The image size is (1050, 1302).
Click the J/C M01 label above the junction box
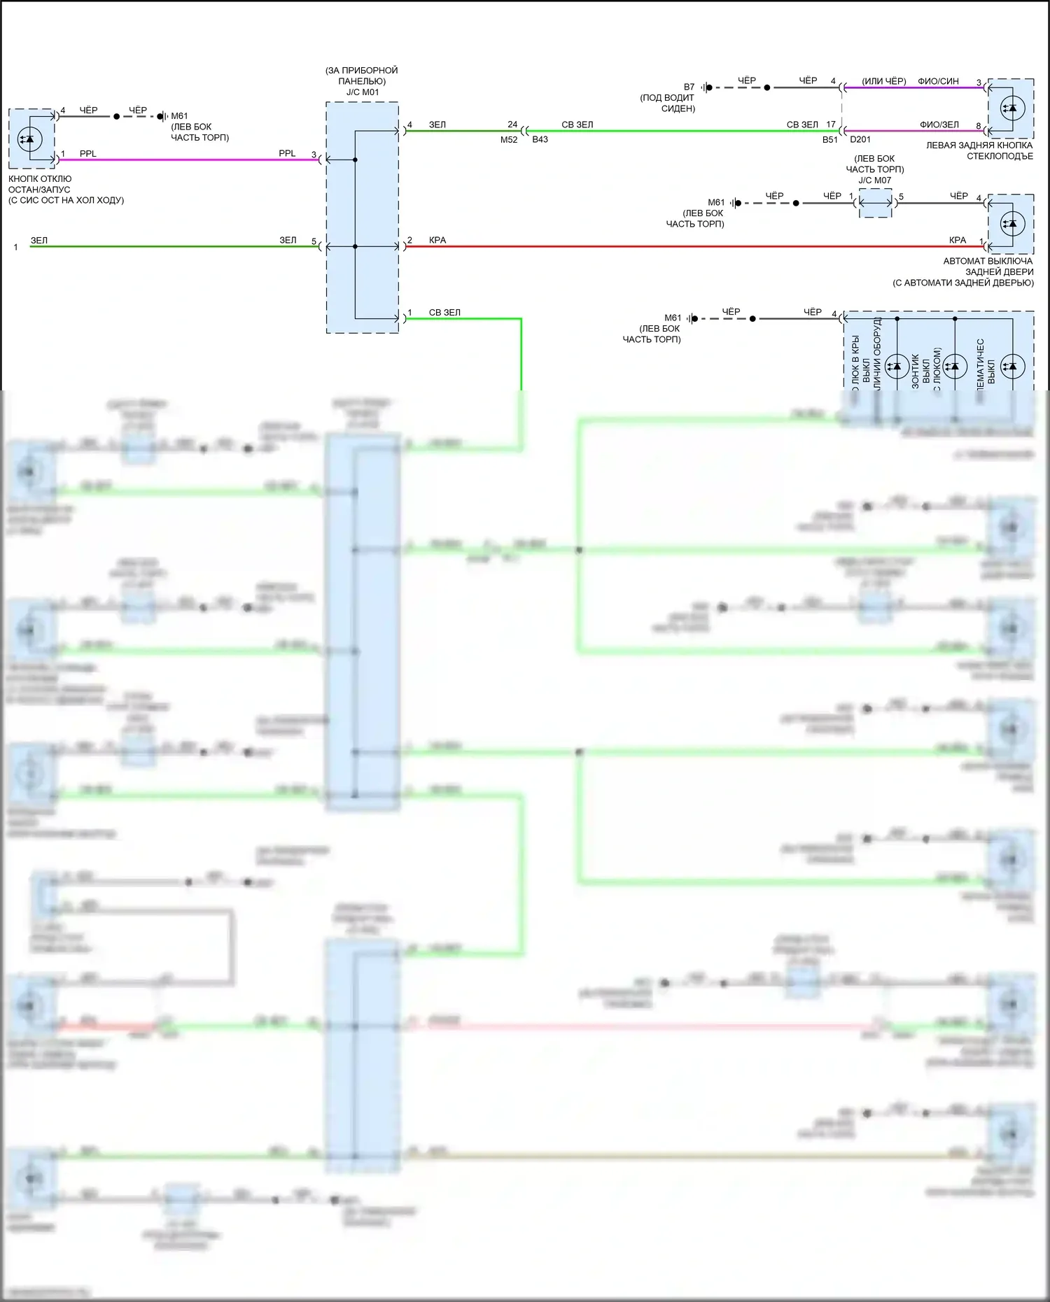coord(362,92)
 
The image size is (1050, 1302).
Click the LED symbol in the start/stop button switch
coord(29,139)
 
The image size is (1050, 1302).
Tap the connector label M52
coord(509,140)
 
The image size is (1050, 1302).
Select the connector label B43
coord(540,140)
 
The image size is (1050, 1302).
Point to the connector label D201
coord(860,140)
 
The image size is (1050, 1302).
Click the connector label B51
coord(830,140)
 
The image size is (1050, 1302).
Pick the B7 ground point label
coord(689,87)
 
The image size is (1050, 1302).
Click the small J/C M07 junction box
coord(875,204)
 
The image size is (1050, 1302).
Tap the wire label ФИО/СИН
coord(938,82)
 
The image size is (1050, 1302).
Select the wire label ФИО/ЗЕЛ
coord(939,125)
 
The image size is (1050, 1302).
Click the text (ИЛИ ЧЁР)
coord(883,82)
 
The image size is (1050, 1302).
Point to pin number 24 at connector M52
coord(512,125)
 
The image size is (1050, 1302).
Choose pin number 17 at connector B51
coord(831,125)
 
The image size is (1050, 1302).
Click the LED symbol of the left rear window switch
coord(1011,108)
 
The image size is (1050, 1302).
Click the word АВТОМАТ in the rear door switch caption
coord(965,261)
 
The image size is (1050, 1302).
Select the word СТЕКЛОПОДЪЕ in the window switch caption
coord(1000,156)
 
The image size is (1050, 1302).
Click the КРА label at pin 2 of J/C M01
coord(437,241)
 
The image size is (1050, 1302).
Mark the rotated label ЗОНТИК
coord(916,372)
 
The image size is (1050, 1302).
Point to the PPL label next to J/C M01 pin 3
coord(287,154)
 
